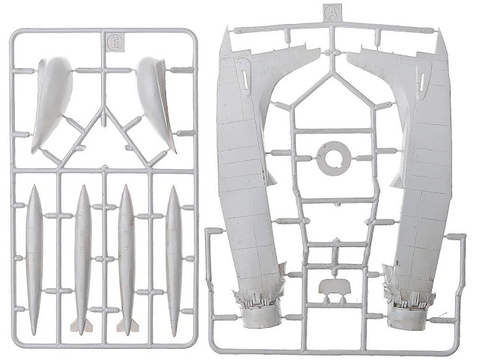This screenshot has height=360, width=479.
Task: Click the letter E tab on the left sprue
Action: coord(115,42)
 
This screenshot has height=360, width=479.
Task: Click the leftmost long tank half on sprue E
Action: coord(34,260)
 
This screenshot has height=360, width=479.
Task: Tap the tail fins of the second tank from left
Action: coord(82,325)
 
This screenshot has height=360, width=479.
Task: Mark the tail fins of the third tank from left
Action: coord(127,325)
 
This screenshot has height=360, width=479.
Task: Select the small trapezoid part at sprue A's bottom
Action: coord(335,286)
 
